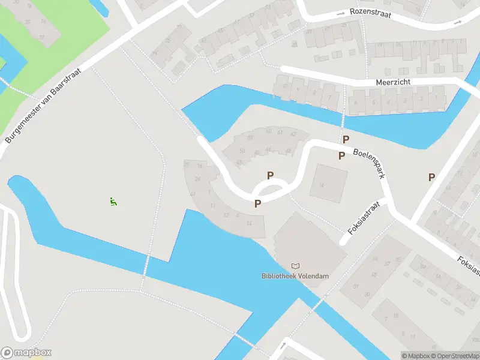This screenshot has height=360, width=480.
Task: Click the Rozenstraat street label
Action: coord(371,14)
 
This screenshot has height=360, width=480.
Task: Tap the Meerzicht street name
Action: coord(392,81)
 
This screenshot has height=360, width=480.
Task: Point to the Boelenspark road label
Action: coord(369,164)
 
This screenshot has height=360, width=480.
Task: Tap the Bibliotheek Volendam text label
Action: coord(295,276)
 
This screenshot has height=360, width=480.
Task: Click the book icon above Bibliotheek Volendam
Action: coord(295,266)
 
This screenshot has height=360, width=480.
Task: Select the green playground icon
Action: coord(113,202)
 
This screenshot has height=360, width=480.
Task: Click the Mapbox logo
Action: coord(26,352)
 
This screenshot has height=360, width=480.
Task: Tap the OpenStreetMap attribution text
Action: coord(454,356)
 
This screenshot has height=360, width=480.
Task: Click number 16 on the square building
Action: coord(322,185)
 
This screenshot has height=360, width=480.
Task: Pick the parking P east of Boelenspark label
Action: coord(431,177)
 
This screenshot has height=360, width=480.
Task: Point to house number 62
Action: coord(293,134)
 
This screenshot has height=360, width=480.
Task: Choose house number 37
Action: coord(388,262)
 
